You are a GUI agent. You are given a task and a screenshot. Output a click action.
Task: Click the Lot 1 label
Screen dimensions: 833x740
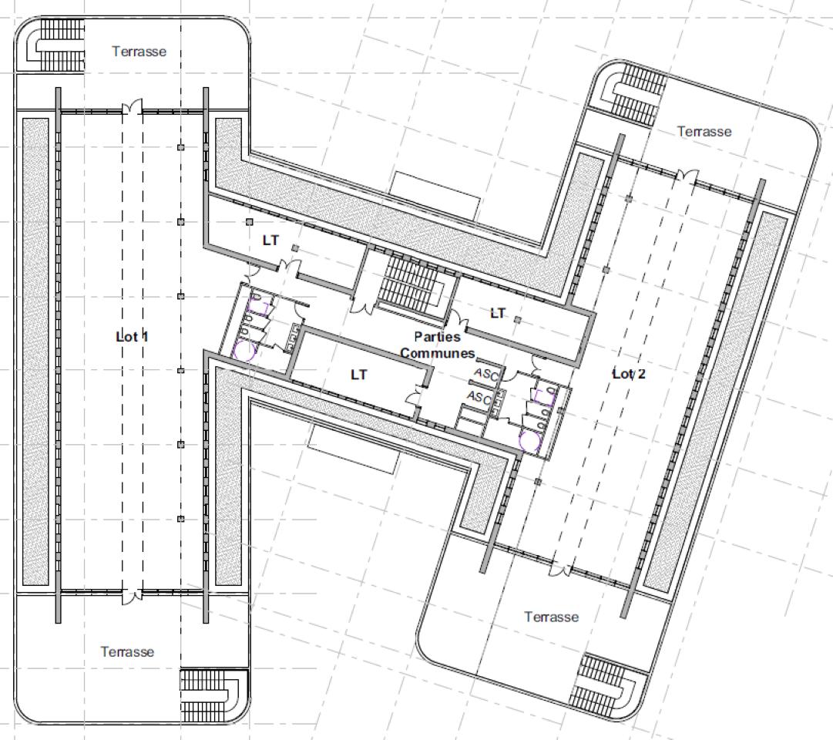pos(133,337)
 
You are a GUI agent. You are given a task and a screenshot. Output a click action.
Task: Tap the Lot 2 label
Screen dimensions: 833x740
pos(629,374)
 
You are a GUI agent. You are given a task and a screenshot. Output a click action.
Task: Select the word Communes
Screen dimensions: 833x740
pos(438,353)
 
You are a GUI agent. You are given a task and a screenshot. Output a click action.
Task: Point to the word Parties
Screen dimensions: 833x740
pos(437,337)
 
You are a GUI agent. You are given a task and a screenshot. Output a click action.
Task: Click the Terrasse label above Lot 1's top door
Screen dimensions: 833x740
pos(139,52)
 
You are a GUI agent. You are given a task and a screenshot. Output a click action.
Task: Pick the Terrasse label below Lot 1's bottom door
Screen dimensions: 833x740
pos(127,652)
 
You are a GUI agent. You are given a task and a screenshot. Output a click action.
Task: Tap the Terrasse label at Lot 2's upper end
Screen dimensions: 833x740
pos(704,131)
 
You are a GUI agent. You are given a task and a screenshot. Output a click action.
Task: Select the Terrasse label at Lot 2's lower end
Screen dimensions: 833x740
pos(552,617)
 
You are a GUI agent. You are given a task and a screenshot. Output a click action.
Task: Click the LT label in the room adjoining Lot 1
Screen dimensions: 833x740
pos(270,240)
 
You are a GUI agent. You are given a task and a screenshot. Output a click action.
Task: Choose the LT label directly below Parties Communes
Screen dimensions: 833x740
pos(358,375)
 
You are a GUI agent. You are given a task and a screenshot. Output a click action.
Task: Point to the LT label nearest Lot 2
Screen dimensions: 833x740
pos(498,313)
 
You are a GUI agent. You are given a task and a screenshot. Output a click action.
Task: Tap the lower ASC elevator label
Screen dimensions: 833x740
pos(479,397)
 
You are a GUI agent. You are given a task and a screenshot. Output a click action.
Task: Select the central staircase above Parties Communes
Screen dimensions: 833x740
pos(415,281)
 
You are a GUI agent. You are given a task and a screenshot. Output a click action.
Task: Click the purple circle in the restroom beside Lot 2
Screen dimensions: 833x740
pos(530,442)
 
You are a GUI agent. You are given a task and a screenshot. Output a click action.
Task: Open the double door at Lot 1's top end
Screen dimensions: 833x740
pos(133,106)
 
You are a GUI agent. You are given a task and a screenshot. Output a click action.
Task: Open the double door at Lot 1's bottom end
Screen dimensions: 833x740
pos(133,596)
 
